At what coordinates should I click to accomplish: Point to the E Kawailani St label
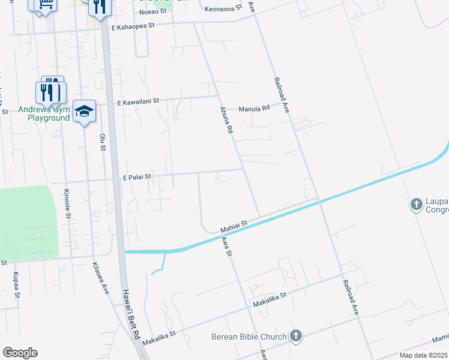(138, 103)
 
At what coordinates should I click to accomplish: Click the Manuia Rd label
(255, 109)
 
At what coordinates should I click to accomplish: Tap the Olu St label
(103, 142)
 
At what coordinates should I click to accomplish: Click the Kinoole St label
(67, 203)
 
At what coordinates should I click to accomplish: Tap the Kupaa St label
(16, 285)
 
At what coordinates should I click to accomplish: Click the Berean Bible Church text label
(249, 337)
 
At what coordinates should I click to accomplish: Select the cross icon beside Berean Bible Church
(295, 336)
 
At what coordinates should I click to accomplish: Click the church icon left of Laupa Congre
(415, 205)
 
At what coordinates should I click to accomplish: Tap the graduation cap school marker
(84, 111)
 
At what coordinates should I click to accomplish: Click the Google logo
(20, 353)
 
